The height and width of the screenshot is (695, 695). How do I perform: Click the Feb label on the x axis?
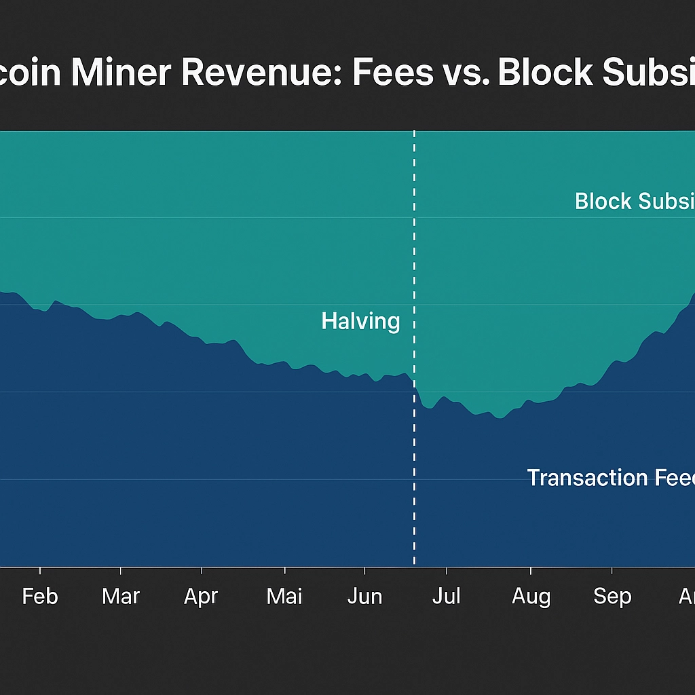pos(40,597)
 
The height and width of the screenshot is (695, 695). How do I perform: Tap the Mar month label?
pos(121,597)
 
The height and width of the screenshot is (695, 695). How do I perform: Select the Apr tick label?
pos(201,597)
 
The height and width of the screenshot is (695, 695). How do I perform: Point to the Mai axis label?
pos(284,597)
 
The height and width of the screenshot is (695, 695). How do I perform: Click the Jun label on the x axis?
pos(365,597)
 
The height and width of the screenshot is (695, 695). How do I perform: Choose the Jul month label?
pos(447,597)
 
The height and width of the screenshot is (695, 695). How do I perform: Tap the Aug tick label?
pos(531,597)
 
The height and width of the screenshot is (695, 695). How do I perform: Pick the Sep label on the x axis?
pos(612,597)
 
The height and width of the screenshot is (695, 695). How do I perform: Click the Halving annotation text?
pos(360,321)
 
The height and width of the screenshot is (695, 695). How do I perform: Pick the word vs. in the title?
pos(466,73)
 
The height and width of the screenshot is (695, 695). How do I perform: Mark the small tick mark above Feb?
pos(40,571)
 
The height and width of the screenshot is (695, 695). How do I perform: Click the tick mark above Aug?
pos(531,571)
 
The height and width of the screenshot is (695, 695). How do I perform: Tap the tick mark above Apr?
pos(201,571)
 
